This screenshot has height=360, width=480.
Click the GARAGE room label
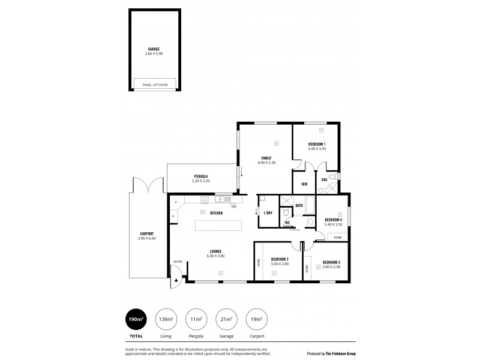tap(154, 49)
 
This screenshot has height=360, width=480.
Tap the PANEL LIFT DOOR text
tap(155, 85)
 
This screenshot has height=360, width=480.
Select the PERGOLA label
tap(201, 176)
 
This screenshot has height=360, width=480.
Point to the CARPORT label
tap(147, 233)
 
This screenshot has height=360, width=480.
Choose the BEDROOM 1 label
tap(317, 144)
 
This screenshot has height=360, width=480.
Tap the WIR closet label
tap(304, 185)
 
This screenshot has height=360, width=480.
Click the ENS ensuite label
tap(324, 179)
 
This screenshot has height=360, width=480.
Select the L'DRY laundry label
tap(268, 213)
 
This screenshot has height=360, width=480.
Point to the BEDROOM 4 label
tap(333, 220)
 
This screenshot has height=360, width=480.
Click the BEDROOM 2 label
tap(280, 259)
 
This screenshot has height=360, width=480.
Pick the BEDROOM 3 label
tap(331, 262)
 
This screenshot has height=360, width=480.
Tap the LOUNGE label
tap(215, 251)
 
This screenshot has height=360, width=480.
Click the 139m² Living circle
tap(166, 320)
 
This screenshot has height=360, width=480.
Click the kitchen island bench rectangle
tap(219, 226)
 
